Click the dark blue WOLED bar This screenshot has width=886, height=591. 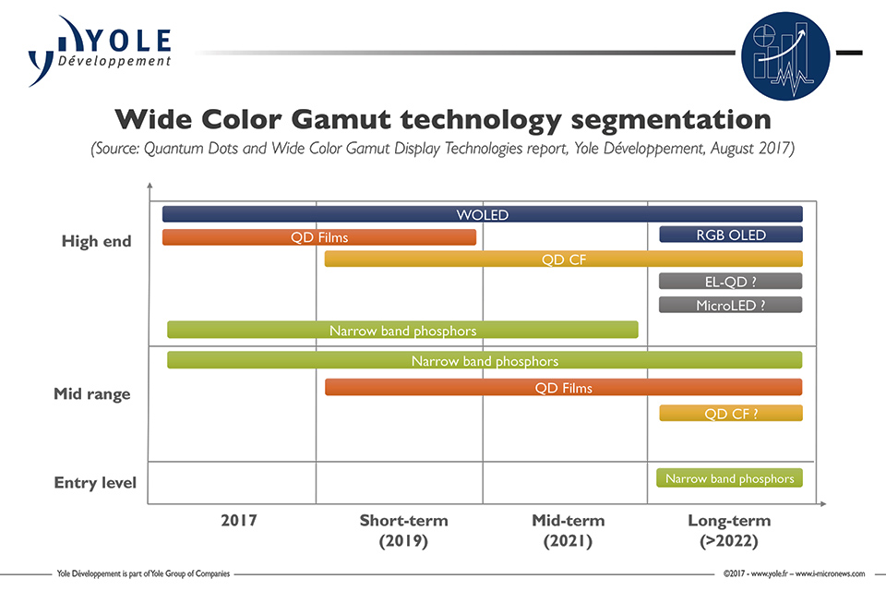482,214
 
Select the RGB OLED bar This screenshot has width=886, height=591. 730,235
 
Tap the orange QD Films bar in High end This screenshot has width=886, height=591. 319,237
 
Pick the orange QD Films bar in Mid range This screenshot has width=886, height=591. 563,388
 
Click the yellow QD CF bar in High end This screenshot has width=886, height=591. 563,259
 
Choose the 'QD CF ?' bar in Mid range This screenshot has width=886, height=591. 730,414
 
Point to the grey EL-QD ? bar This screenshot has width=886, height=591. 730,282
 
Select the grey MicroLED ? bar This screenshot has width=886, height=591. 730,305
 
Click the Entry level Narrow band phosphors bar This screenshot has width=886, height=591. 729,478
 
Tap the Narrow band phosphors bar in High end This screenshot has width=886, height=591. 402,330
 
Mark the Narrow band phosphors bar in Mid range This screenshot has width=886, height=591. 485,360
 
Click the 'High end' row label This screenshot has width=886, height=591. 96,242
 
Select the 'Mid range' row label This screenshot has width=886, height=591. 91,394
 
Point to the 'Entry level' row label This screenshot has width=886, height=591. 95,483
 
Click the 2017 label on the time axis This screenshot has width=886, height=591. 238,521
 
